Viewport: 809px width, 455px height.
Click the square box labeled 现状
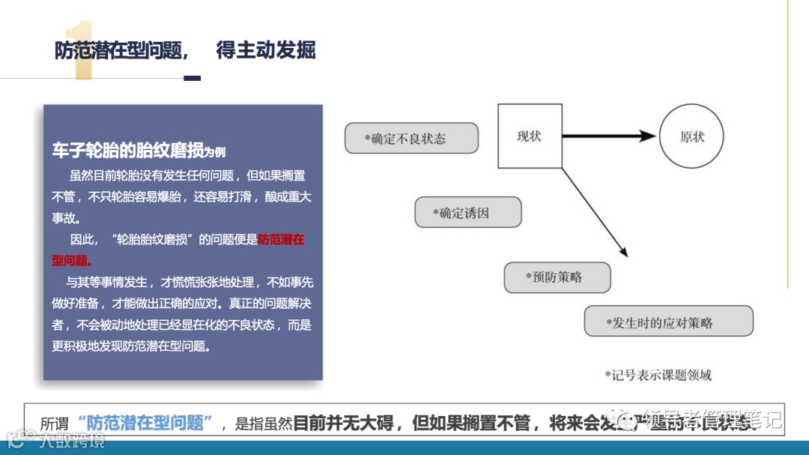point(530,136)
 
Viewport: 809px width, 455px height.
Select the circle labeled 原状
point(691,136)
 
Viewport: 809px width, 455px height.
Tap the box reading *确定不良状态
point(410,138)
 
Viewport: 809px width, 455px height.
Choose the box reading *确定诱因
point(467,212)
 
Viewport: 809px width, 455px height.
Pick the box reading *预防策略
point(557,277)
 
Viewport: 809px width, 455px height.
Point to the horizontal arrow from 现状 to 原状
point(608,136)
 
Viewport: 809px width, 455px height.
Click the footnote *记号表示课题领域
point(658,374)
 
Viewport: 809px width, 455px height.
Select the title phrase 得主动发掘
point(266,50)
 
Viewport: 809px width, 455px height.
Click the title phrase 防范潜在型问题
point(120,50)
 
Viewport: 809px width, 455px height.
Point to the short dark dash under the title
point(192,78)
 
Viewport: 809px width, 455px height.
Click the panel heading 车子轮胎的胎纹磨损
point(127,151)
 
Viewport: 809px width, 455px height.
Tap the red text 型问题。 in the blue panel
point(73,260)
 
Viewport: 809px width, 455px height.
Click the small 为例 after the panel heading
point(215,152)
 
